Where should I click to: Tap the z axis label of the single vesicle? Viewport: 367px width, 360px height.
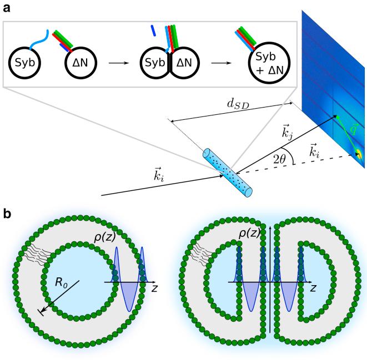157,290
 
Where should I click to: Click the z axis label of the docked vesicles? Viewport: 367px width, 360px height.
313,290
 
